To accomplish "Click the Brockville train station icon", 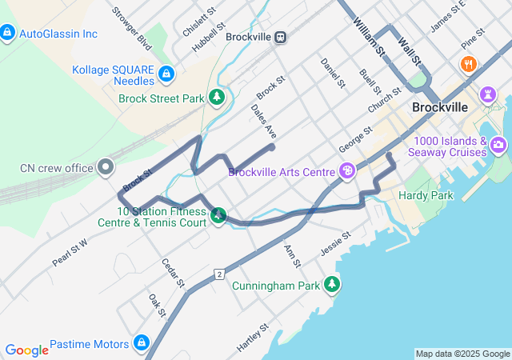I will tap(280, 37).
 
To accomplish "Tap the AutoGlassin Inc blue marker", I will tap(7, 34).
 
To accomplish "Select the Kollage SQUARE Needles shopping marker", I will tap(166, 74).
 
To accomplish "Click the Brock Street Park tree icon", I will tap(216, 98).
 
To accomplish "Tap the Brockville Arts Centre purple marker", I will tap(346, 170).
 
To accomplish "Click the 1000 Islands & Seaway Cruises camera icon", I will tap(498, 145).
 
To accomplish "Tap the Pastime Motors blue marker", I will tap(142, 343).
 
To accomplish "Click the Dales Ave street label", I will tap(263, 121).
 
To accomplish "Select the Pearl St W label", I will tap(70, 250).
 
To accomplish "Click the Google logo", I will tap(26, 350).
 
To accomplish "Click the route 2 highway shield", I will tap(218, 274).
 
